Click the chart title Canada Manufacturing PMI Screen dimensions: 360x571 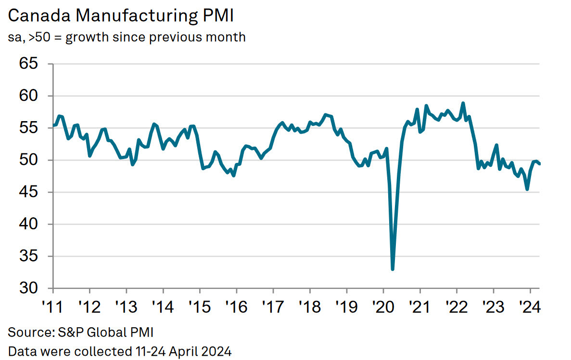(121, 16)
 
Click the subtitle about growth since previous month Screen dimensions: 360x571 (127, 37)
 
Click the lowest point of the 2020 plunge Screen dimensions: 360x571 (393, 269)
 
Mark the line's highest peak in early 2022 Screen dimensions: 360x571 (463, 103)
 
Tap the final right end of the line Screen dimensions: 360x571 (539, 164)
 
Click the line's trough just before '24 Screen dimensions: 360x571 (527, 189)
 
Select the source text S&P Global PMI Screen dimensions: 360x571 (83, 332)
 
